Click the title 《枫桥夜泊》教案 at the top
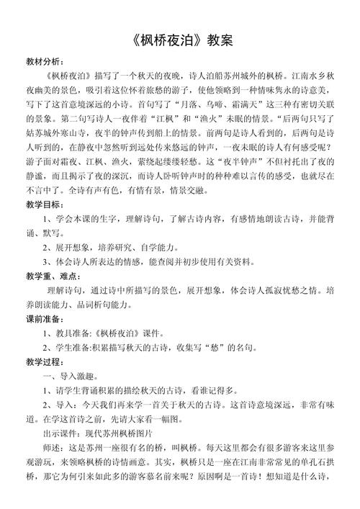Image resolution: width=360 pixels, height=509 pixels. coord(180,40)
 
